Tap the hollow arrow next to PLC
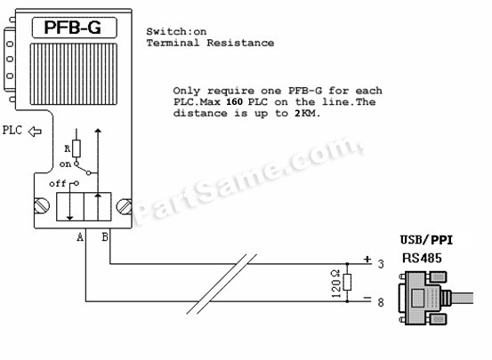pos(35,132)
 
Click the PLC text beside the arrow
pos(12,130)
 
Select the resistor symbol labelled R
pos(77,148)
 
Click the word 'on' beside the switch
pos(65,164)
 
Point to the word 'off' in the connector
pos(58,183)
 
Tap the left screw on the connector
pos(42,206)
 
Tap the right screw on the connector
pos(124,206)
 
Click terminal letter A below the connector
pos(80,237)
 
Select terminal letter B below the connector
pos(105,236)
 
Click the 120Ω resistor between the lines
pos(347,283)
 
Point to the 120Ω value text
pos(335,284)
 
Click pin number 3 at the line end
pos(381,264)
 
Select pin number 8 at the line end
pos(381,302)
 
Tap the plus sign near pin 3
pos(367,260)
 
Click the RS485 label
pos(422,258)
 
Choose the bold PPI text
pos(442,240)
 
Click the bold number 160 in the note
pos(234,102)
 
